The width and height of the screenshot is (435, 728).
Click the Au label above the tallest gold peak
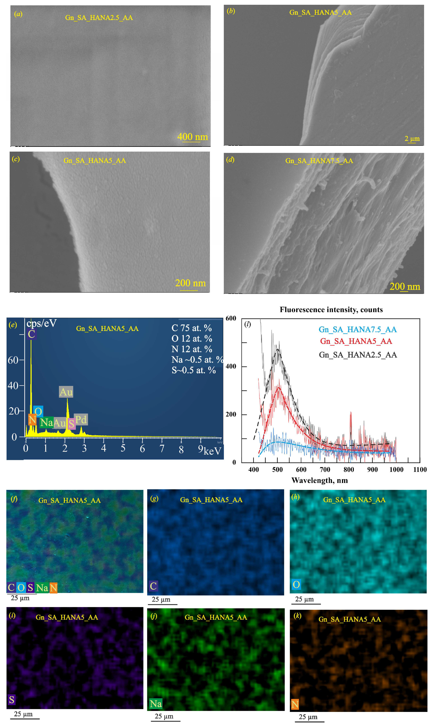[66, 392]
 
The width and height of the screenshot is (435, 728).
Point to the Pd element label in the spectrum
[81, 419]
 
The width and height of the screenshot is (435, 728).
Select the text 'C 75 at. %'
[192, 328]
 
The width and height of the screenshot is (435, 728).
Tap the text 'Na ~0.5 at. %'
[197, 360]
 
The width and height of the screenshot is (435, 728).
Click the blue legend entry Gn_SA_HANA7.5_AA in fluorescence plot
[358, 329]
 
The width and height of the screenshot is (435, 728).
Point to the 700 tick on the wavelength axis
[325, 469]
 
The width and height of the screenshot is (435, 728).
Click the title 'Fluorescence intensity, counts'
[331, 310]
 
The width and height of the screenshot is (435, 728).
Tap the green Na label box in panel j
[156, 704]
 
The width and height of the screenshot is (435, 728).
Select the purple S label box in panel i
[12, 700]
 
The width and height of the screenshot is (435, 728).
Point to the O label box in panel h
[296, 584]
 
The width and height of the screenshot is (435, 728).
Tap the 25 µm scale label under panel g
[161, 600]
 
